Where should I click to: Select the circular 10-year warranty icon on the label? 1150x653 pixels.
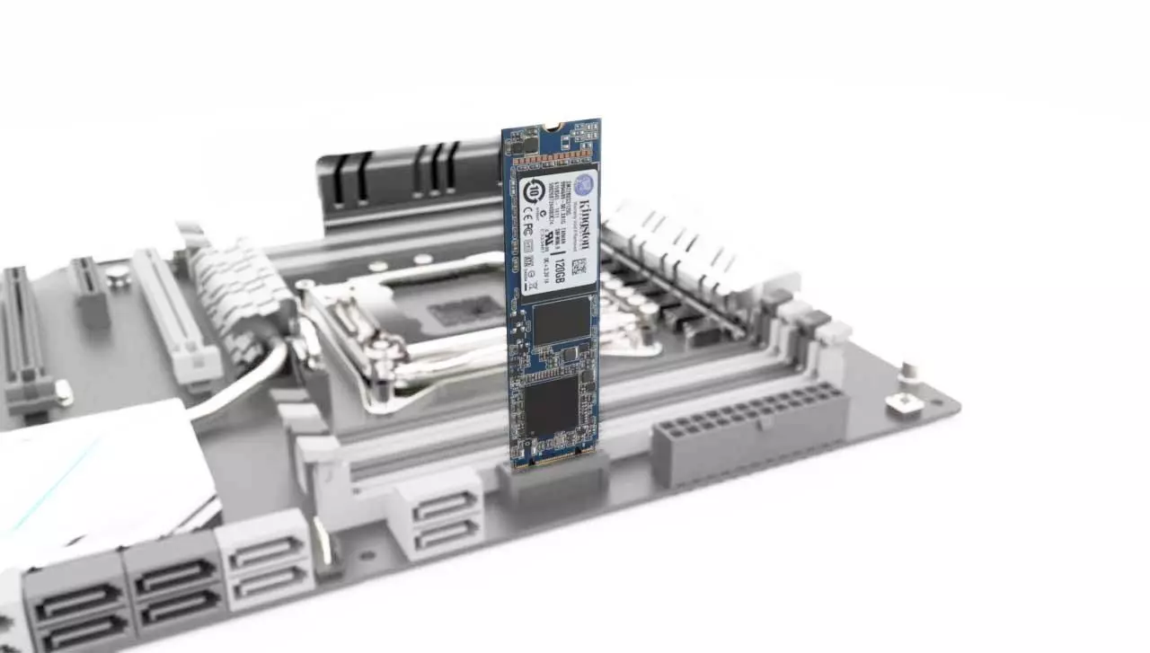click(533, 190)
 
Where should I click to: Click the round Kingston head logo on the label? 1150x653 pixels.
click(585, 185)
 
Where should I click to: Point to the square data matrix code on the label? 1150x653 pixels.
click(579, 267)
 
